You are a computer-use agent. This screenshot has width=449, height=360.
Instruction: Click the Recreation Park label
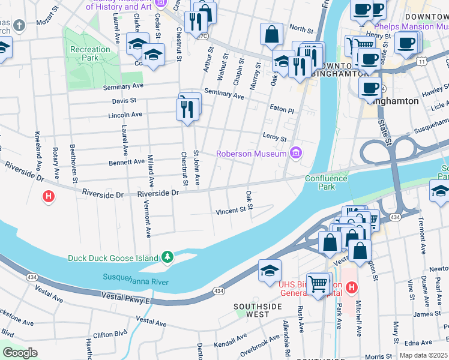83,53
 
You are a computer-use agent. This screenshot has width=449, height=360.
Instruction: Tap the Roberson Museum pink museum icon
295,154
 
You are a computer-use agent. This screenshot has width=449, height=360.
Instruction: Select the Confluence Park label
326,182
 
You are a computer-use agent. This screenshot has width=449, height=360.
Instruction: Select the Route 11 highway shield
423,61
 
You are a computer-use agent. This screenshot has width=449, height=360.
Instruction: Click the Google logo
20,352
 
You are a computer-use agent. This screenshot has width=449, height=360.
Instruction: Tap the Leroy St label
274,137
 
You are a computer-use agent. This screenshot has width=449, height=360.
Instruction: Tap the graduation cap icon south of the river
270,271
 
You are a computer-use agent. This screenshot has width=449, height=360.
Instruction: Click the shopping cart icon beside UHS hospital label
319,283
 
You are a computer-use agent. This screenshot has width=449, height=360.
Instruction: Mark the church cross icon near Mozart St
19,26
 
